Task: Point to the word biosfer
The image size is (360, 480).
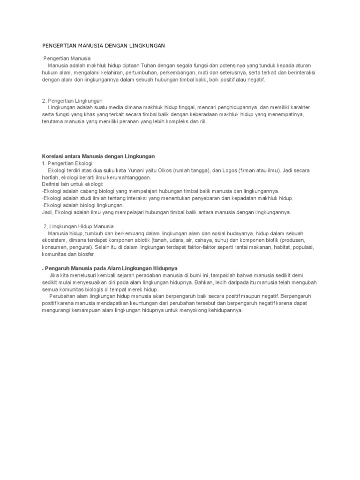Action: (x=87, y=254)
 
